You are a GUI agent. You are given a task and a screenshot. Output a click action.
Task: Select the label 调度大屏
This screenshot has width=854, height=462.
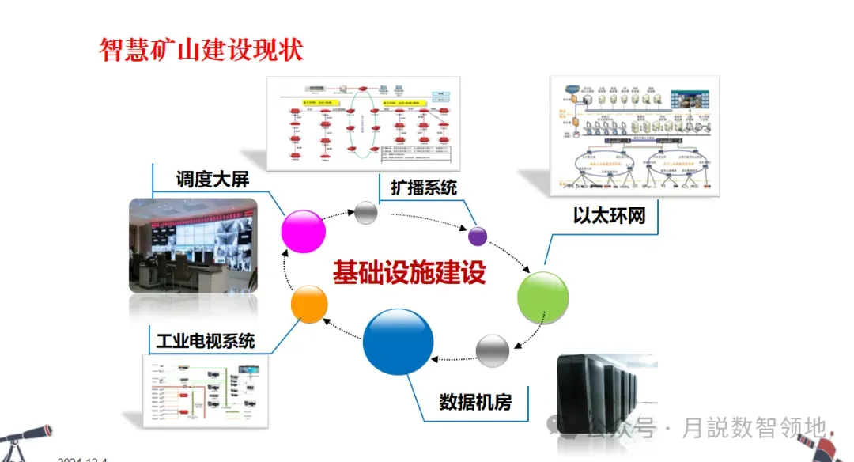point(212,179)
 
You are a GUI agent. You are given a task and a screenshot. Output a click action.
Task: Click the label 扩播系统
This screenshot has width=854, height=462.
point(424,187)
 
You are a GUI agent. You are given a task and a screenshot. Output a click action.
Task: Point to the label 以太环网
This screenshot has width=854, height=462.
point(604,215)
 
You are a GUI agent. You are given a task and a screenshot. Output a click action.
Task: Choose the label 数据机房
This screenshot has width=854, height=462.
point(475,402)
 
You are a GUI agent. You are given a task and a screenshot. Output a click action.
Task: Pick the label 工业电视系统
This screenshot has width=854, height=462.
point(205,341)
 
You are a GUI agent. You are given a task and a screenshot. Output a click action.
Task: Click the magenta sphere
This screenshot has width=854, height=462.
point(304,231)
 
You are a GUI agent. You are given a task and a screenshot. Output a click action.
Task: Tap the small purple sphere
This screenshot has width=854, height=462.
point(478,235)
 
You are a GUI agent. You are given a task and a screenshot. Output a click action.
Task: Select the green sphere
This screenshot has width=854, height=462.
point(542,297)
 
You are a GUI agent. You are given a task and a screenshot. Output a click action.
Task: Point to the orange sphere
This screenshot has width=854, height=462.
point(309,305)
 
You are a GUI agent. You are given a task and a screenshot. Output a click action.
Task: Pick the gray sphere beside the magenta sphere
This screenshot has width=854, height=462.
point(366,212)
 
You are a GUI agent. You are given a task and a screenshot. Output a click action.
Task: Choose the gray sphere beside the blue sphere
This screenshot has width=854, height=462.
point(493,350)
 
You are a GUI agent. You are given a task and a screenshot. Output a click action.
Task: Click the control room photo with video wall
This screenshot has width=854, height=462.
point(193,244)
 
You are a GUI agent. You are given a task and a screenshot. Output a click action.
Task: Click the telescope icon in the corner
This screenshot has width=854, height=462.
point(24,440)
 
